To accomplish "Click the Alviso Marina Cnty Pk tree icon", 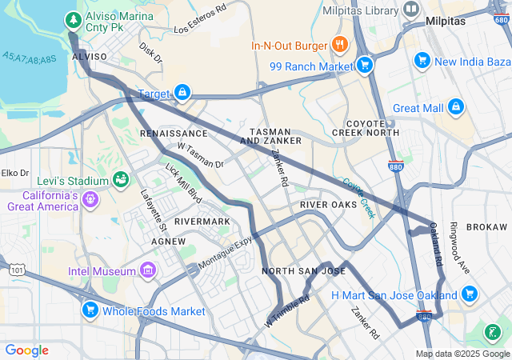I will pyautogui.click(x=73, y=18).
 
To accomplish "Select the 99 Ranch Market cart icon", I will pyautogui.click(x=365, y=65).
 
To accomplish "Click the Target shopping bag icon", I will pyautogui.click(x=183, y=94).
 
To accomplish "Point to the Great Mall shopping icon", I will pyautogui.click(x=455, y=106).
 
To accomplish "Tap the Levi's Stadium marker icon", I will pyautogui.click(x=122, y=178).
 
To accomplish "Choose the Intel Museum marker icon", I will pyautogui.click(x=147, y=271).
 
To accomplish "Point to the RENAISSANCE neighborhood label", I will pyautogui.click(x=174, y=133).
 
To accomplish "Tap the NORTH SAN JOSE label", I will pyautogui.click(x=304, y=271).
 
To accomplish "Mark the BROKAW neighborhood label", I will pyautogui.click(x=486, y=227).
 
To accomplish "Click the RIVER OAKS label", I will pyautogui.click(x=328, y=206).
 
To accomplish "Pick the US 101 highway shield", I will pyautogui.click(x=17, y=271).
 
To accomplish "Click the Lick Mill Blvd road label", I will pyautogui.click(x=182, y=183).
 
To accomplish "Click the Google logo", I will pyautogui.click(x=26, y=350).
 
